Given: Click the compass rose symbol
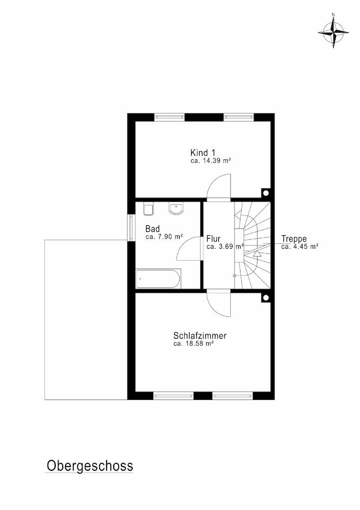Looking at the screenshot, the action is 333,32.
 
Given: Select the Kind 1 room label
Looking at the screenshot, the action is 203,153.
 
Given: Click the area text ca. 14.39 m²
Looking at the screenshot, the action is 210,161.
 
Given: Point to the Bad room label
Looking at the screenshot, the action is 152,229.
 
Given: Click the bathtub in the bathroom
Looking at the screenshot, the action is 158,279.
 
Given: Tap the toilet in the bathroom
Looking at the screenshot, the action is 149,209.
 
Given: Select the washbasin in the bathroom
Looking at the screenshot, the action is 176,209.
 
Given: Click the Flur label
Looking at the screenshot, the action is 213,239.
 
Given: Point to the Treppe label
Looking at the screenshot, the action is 294,239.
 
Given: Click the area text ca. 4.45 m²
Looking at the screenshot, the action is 300,246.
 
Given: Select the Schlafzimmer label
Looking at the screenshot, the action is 200,336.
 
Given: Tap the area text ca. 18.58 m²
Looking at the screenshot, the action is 193,343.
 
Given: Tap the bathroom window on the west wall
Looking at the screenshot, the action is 131,227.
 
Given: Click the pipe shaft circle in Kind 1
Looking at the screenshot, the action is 266,193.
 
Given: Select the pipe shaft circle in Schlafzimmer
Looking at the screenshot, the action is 266,297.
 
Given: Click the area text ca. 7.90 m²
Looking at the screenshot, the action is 164,237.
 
